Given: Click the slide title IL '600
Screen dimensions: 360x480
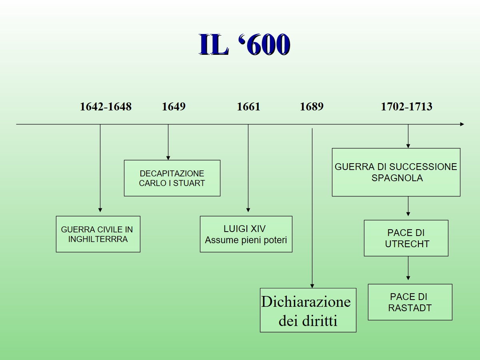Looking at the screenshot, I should [244, 44].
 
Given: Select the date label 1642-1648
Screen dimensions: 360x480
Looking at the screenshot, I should [106, 107].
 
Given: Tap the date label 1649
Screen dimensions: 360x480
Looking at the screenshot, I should [174, 107].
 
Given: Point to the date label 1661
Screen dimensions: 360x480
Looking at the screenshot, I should [248, 107].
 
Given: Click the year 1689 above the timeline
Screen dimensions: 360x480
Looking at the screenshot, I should [312, 107].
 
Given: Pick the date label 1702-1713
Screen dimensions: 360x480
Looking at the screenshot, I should [406, 107].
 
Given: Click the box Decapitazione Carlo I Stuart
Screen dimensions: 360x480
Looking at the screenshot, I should [172, 178].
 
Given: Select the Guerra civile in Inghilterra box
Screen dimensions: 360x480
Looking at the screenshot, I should [98, 234].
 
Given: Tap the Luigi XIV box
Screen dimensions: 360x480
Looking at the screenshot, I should [246, 234].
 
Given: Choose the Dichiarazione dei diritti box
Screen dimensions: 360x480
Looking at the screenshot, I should [308, 310].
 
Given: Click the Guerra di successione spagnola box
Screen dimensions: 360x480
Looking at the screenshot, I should [396, 172].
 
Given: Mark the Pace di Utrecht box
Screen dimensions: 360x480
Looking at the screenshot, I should [406, 238].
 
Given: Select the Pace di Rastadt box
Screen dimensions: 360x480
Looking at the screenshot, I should [410, 302].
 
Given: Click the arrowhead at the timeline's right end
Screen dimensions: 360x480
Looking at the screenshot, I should [462, 124].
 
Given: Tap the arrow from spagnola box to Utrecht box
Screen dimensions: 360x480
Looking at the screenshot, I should [408, 207].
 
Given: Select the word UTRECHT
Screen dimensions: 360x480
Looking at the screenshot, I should [407, 244].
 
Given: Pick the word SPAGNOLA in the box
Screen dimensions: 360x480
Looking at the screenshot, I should [397, 178].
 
